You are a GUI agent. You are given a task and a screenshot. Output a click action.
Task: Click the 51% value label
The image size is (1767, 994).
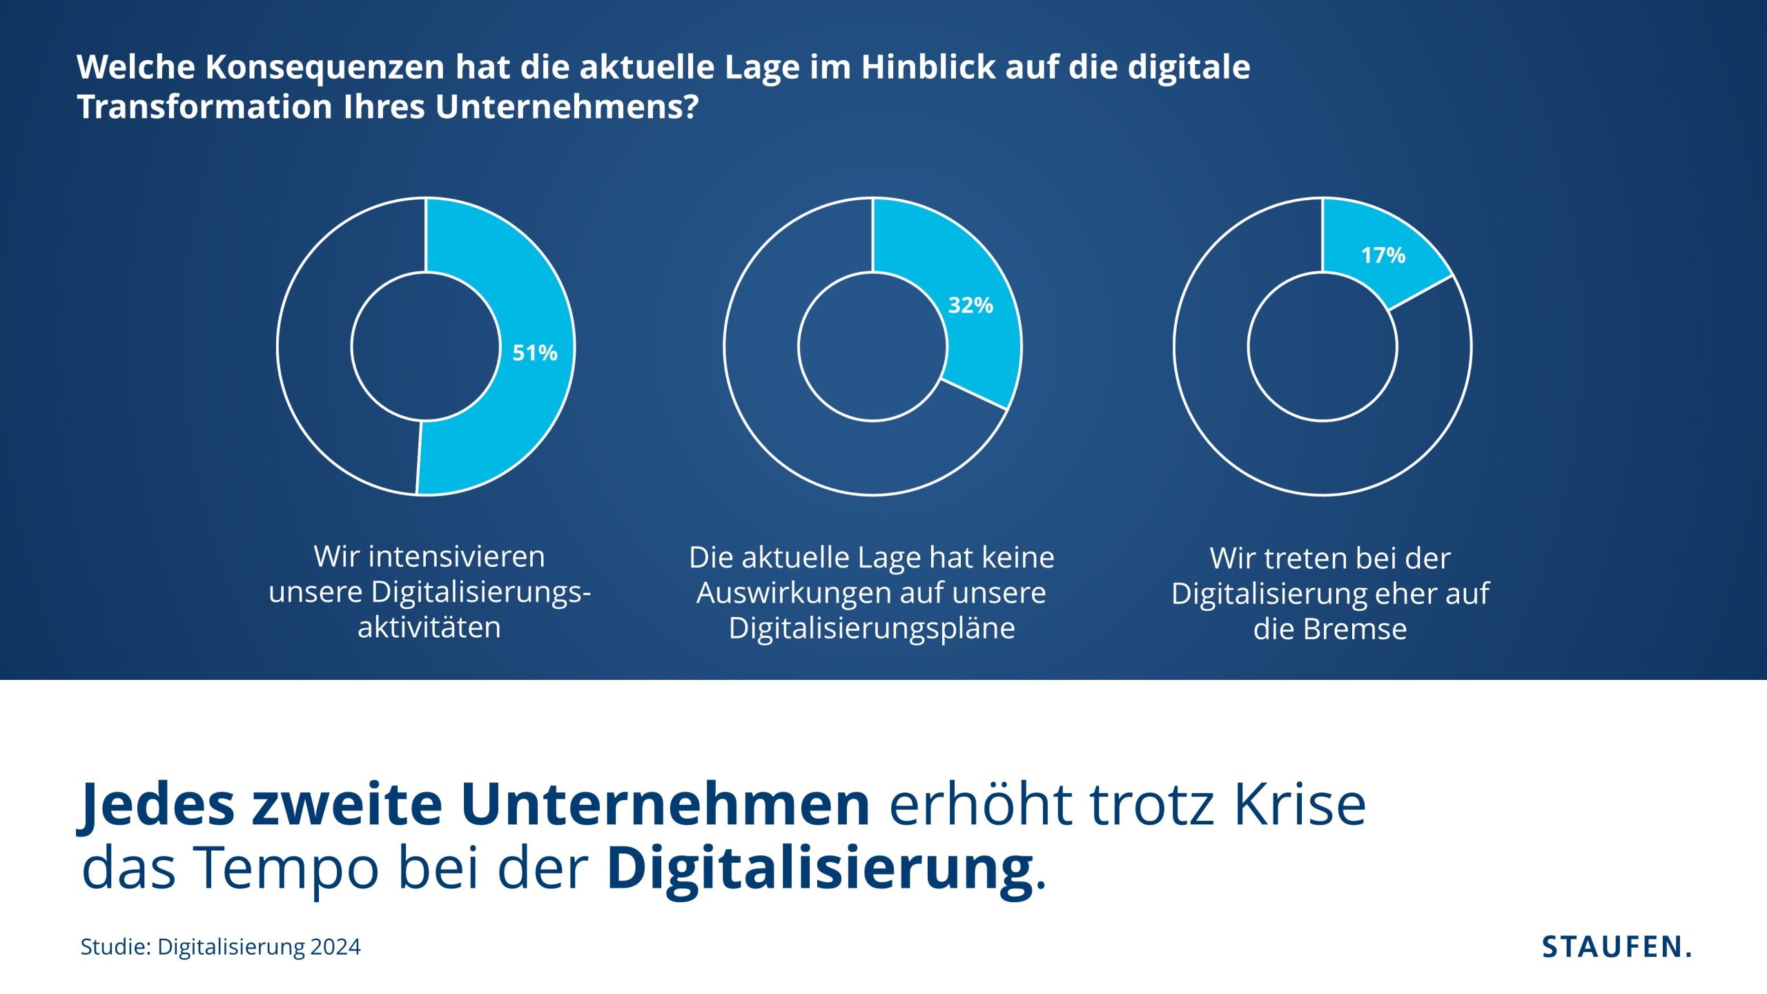(534, 353)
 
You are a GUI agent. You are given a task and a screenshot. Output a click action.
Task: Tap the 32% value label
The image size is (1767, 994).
(970, 305)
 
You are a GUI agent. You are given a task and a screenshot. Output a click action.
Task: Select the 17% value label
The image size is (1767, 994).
(1383, 255)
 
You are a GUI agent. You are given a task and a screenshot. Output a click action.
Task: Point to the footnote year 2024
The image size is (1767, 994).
(335, 946)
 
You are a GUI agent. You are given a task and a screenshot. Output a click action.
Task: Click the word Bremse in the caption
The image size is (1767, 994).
(1354, 630)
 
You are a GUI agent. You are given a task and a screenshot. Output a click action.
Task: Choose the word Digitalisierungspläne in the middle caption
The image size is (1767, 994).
(872, 628)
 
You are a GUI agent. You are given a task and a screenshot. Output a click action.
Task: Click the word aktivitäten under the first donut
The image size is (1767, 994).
(429, 627)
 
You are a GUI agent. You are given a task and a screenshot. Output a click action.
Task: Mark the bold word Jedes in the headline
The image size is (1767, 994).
(158, 805)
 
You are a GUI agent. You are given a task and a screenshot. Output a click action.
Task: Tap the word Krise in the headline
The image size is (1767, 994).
(1300, 805)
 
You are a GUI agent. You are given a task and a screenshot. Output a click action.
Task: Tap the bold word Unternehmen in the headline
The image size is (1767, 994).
(665, 805)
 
